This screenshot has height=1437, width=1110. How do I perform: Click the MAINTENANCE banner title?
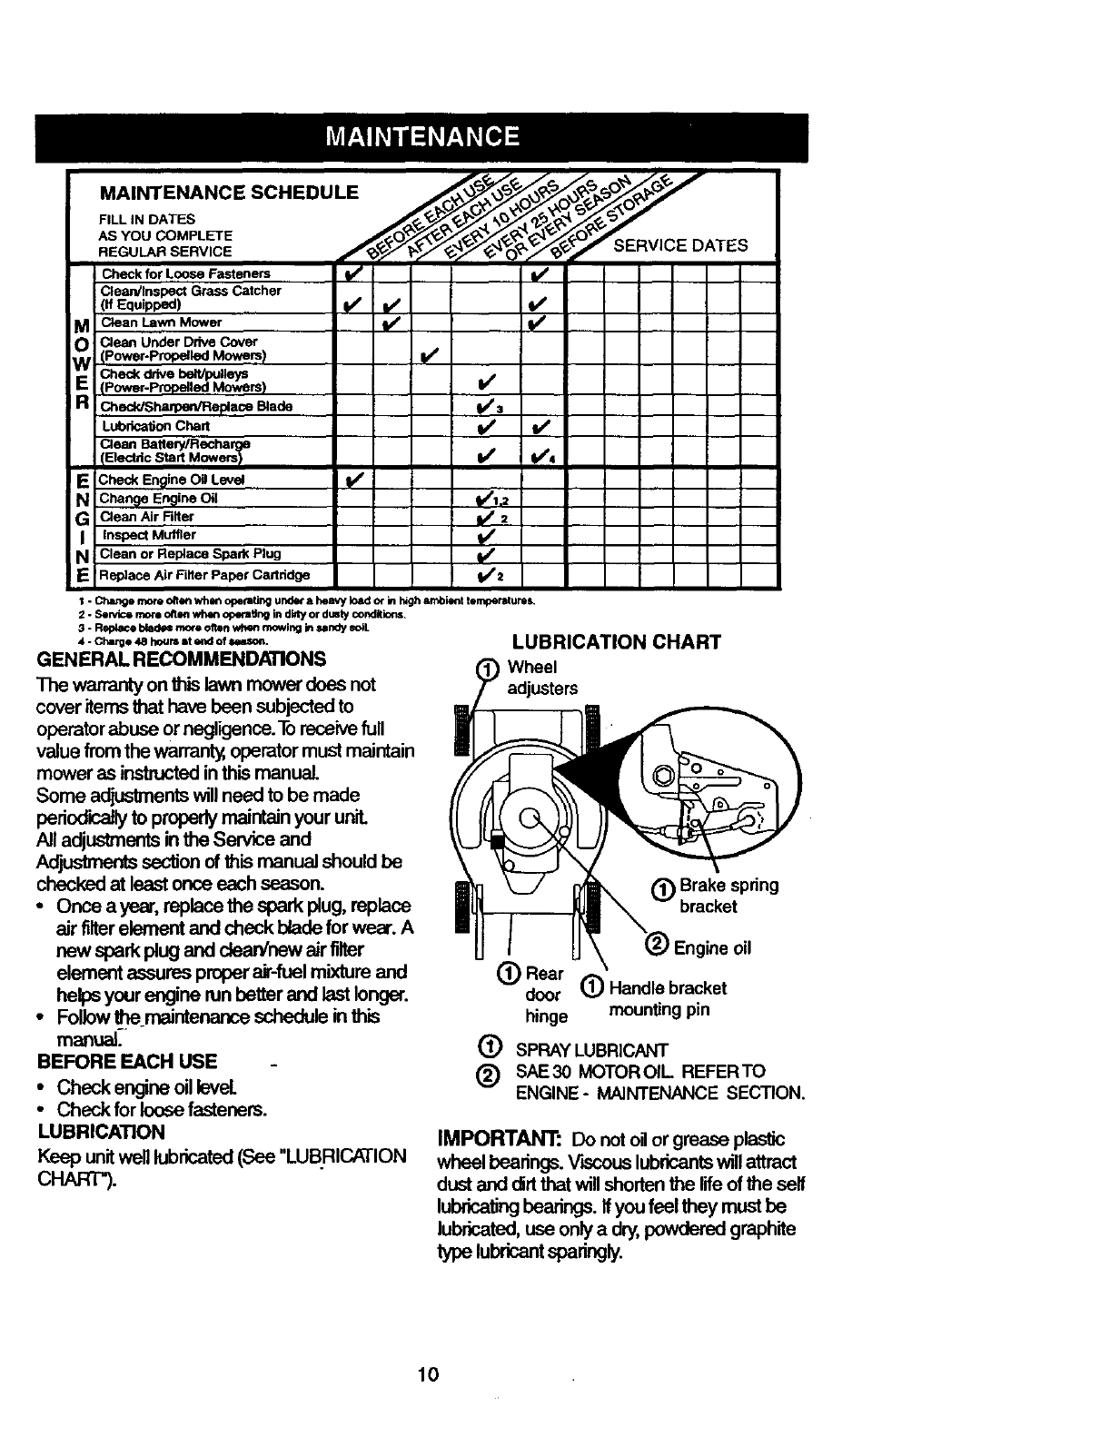pyautogui.click(x=423, y=137)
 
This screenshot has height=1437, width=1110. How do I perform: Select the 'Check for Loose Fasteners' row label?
pyautogui.click(x=185, y=273)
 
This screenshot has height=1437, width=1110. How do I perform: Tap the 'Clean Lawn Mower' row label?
pyautogui.click(x=162, y=322)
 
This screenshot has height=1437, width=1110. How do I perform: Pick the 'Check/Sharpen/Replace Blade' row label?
pyautogui.click(x=196, y=406)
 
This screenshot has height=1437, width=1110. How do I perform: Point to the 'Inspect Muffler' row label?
pyautogui.click(x=148, y=535)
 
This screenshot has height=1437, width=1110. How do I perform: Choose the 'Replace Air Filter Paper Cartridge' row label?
pyautogui.click(x=204, y=575)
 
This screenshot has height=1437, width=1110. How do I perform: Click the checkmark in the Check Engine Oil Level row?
pyautogui.click(x=355, y=479)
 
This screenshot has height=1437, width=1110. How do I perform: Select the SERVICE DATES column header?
pyautogui.click(x=681, y=246)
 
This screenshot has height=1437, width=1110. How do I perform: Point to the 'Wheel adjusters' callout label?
pyautogui.click(x=542, y=678)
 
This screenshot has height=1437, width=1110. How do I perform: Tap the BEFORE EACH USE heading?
pyautogui.click(x=127, y=1062)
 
